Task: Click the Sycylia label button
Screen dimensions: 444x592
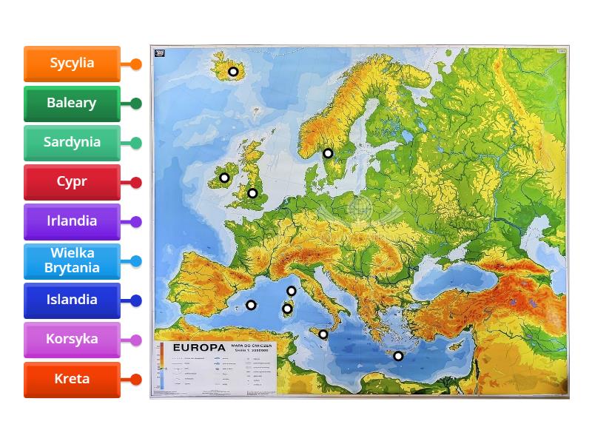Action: click(x=72, y=64)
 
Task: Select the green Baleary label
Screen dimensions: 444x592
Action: click(x=72, y=104)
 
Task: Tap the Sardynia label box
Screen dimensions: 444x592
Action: click(x=72, y=143)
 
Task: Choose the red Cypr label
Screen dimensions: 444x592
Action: click(x=72, y=182)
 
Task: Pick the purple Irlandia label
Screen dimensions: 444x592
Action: click(x=72, y=221)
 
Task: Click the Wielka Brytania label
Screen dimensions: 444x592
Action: click(x=72, y=260)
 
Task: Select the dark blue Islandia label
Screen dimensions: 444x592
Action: click(x=72, y=300)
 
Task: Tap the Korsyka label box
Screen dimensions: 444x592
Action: click(x=72, y=340)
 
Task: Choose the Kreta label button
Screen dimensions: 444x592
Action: click(x=72, y=379)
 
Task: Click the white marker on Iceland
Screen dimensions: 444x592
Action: click(x=233, y=72)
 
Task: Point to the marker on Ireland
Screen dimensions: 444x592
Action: click(x=224, y=178)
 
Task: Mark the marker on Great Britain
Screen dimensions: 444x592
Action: click(x=252, y=193)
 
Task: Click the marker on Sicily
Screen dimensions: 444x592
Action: click(x=323, y=334)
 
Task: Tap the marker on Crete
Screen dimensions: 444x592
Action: click(x=398, y=356)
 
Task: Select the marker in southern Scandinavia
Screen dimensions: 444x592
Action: click(x=328, y=153)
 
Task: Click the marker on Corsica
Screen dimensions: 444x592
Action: click(x=292, y=291)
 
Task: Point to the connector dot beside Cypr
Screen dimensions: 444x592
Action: click(x=136, y=182)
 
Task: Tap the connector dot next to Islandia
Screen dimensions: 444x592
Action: click(x=136, y=300)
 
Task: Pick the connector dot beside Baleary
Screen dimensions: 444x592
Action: click(x=136, y=104)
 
